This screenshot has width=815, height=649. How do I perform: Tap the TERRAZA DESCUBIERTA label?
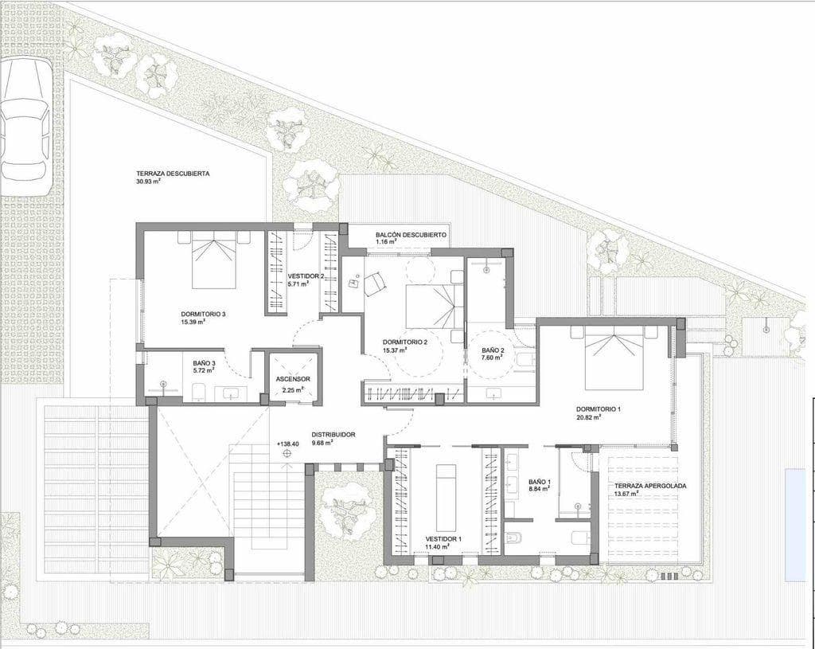point(173,173)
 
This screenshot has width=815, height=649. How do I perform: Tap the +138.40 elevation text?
point(287,444)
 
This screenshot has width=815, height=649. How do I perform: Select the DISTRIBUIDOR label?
point(333,434)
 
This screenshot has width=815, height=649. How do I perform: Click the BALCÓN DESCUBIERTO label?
point(411,235)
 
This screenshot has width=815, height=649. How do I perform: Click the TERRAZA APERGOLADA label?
point(649,485)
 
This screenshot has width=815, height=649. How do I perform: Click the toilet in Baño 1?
point(514,538)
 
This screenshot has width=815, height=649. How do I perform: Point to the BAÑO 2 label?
point(493,350)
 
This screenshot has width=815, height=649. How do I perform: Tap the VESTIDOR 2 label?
point(305,276)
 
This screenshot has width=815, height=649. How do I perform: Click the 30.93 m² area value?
point(148,182)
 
